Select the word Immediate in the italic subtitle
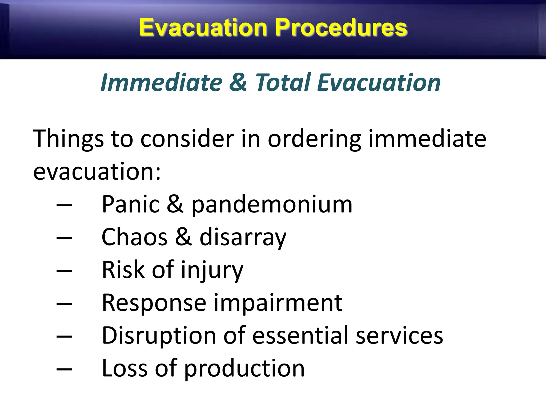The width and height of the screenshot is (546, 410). click(161, 82)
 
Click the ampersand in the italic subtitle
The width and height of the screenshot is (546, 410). click(238, 82)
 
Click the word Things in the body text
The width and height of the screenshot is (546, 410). click(68, 139)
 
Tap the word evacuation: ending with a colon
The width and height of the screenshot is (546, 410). click(97, 171)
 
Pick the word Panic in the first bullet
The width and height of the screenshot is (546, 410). click(131, 204)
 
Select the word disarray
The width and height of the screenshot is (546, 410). click(243, 238)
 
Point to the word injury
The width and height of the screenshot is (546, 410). click(212, 270)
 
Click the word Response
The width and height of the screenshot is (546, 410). click(154, 303)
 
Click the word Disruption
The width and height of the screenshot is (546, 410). click(159, 336)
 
